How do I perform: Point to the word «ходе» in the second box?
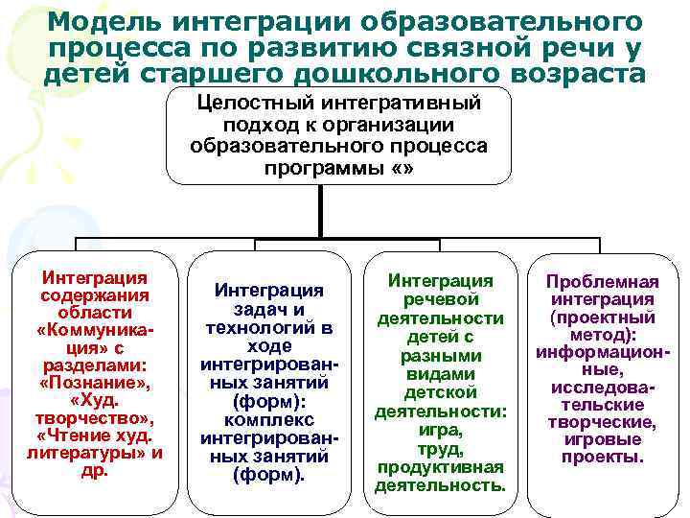268,346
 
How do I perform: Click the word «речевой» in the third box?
440,299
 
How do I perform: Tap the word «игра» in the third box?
440,430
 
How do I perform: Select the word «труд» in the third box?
440,448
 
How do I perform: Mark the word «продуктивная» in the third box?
440,466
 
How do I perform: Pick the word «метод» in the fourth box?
602,336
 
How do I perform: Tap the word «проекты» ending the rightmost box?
603,457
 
